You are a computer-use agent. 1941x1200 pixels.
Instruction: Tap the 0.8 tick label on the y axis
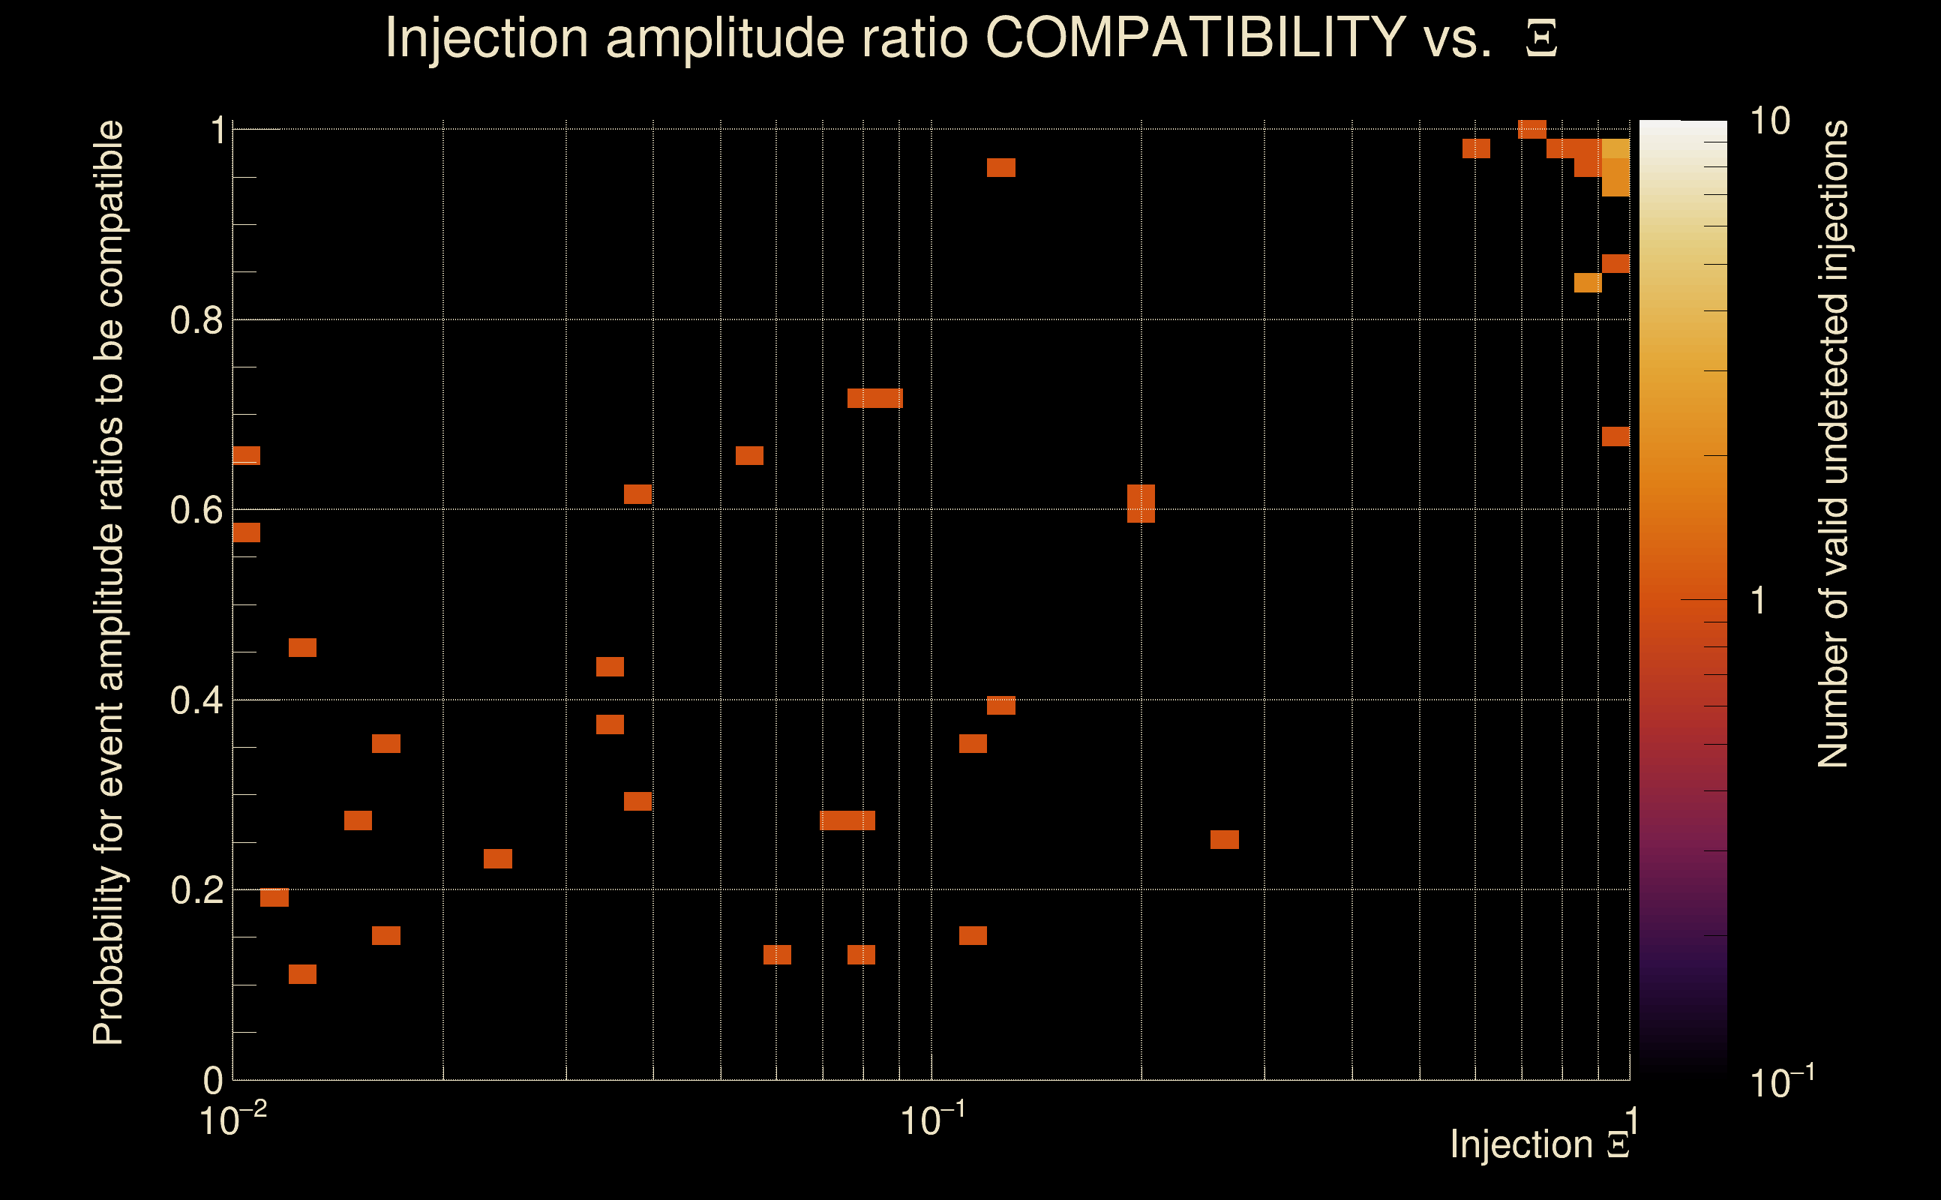tap(196, 321)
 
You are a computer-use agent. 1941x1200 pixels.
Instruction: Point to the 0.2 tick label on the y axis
tap(196, 890)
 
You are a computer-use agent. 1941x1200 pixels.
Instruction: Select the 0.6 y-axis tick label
tap(196, 510)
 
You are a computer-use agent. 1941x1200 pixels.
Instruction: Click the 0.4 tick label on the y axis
tap(196, 700)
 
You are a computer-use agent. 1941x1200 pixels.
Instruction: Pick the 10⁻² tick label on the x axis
tap(232, 1120)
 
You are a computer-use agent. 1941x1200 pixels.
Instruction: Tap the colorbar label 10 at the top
tap(1769, 121)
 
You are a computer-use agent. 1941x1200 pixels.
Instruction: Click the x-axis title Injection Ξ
tap(1540, 1144)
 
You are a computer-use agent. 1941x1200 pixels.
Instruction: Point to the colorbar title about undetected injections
tap(1832, 445)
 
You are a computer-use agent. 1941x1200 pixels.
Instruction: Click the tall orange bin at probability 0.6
tap(1141, 503)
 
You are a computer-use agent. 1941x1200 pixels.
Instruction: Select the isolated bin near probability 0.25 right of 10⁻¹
tap(1225, 840)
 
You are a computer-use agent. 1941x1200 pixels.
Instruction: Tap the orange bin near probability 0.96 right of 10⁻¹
tap(1000, 167)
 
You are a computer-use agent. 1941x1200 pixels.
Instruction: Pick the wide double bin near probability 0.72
tap(874, 398)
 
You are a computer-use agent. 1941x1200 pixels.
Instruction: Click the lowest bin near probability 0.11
tap(302, 973)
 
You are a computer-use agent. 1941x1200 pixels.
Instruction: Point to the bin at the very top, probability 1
tap(1532, 129)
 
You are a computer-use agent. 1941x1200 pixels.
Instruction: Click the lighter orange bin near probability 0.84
tap(1588, 283)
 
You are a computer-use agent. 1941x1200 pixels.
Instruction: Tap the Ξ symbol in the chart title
tap(1541, 38)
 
